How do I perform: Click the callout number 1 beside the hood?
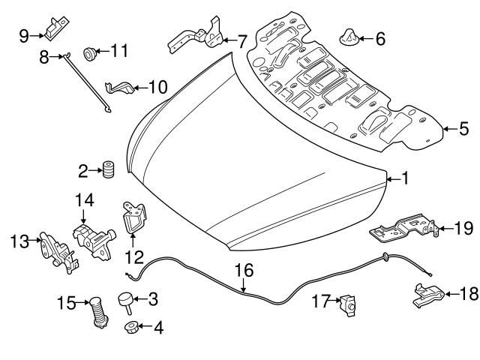point(405,178)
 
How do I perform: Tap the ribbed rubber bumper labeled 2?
point(107,170)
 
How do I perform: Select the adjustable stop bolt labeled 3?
point(125,301)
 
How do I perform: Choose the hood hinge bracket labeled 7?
point(201,37)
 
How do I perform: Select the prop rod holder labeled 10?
point(118,88)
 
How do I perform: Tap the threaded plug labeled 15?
point(95,310)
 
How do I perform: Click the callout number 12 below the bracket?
point(133,257)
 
